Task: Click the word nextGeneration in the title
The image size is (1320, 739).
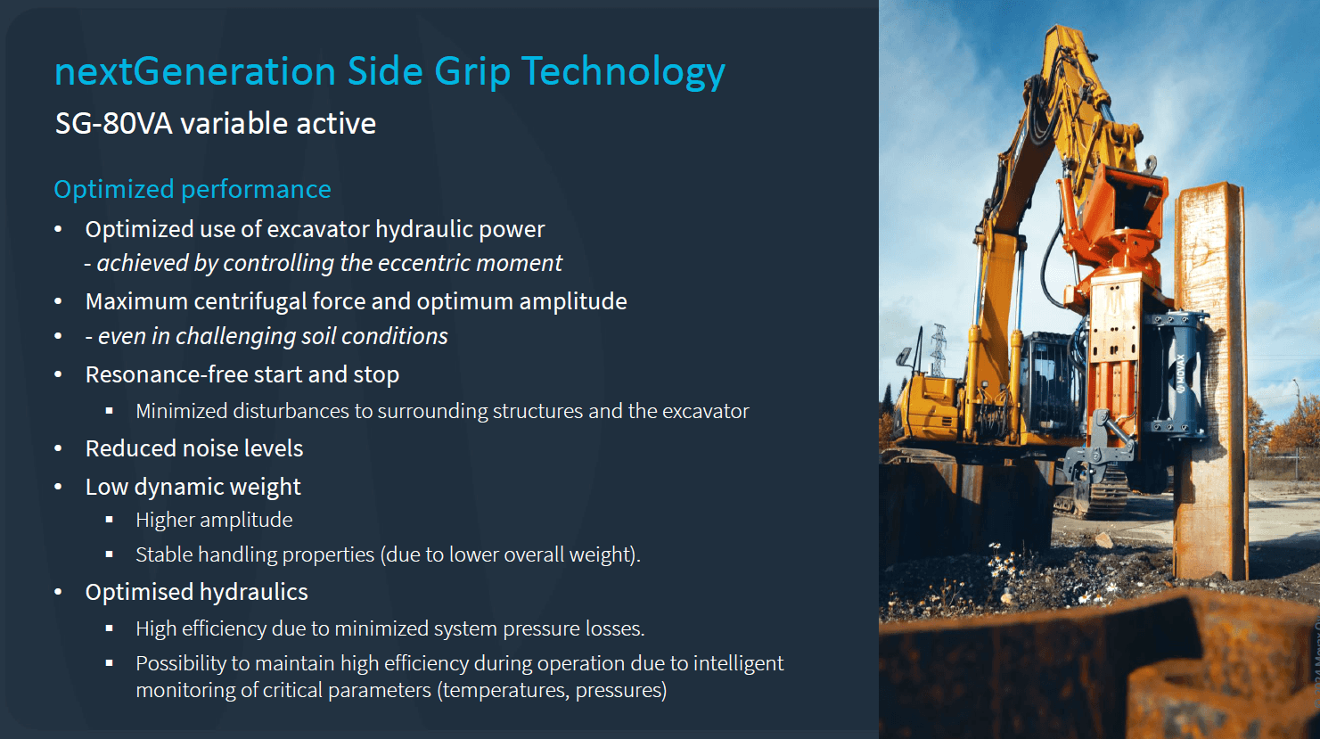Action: (193, 71)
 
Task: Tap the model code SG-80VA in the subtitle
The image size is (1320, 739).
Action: (113, 123)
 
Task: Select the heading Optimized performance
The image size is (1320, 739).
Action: (193, 189)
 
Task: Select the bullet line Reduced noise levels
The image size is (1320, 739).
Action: (194, 448)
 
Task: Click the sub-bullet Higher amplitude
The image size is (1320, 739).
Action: (214, 520)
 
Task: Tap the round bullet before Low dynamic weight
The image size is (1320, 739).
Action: (59, 488)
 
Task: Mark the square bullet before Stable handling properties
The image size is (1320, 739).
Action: (110, 554)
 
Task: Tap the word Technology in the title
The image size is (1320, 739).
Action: (623, 71)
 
